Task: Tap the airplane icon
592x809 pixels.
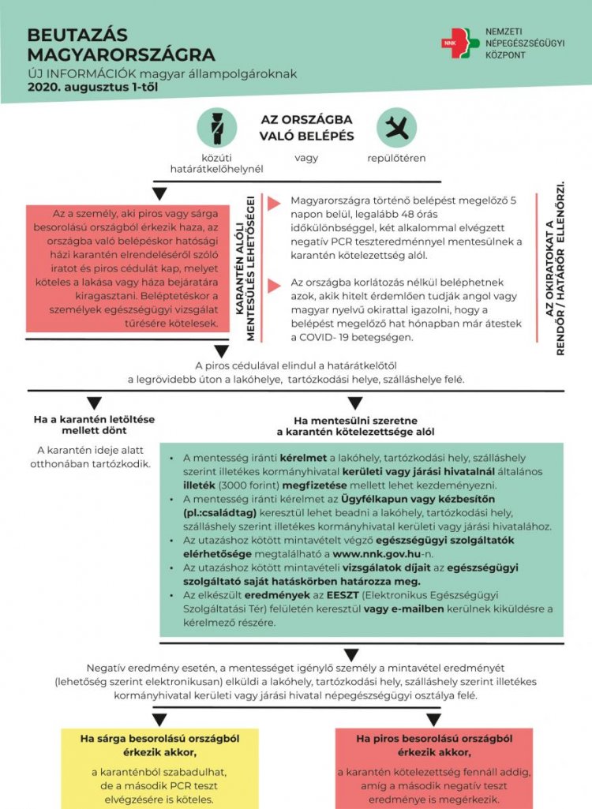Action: [x=396, y=127]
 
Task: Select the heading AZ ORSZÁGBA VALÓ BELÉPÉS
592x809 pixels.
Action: [x=306, y=127]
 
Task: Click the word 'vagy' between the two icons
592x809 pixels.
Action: [x=306, y=158]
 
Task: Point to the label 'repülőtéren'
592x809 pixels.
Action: [x=396, y=158]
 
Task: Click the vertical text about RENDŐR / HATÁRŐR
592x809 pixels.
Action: [x=556, y=269]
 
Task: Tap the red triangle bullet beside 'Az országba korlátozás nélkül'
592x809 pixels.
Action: [x=275, y=285]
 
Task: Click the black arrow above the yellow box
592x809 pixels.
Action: [x=159, y=719]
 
